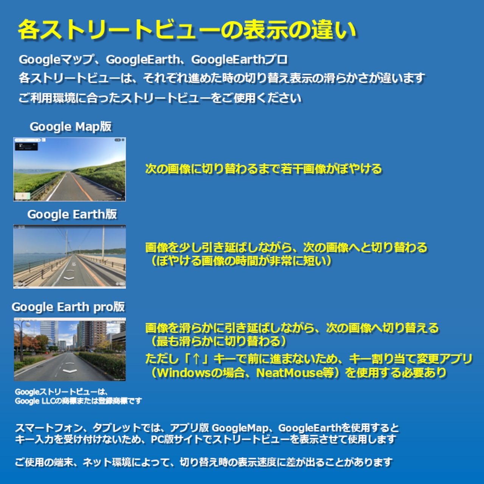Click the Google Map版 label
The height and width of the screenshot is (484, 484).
pos(71,127)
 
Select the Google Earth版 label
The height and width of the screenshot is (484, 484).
pos(72,214)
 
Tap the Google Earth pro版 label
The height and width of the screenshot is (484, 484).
pos(68,307)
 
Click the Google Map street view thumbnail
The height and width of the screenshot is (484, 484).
pos(70,169)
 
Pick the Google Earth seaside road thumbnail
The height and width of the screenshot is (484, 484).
pos(70,256)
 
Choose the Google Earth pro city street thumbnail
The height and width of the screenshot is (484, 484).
pos(70,349)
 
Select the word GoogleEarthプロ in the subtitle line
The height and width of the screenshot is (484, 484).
pos(239,60)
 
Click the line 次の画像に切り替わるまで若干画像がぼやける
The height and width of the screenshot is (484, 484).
pos(264,169)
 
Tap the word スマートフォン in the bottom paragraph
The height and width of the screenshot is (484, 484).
pos(49,428)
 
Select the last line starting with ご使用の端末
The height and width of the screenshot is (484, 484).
pos(204,462)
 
